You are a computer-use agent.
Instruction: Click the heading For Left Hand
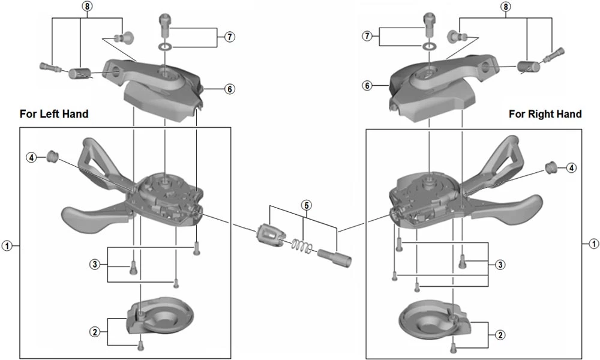[54, 113]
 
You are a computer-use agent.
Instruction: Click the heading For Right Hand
[545, 114]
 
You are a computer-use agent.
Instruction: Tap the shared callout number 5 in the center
[307, 205]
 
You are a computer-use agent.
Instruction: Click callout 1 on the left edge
[7, 245]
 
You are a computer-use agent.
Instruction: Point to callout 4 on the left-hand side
[31, 157]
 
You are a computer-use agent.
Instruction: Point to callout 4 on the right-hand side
[571, 167]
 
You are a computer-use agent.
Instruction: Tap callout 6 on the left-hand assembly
[230, 89]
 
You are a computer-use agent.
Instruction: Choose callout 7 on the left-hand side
[229, 37]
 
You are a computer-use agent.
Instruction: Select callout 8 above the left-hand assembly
[88, 7]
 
